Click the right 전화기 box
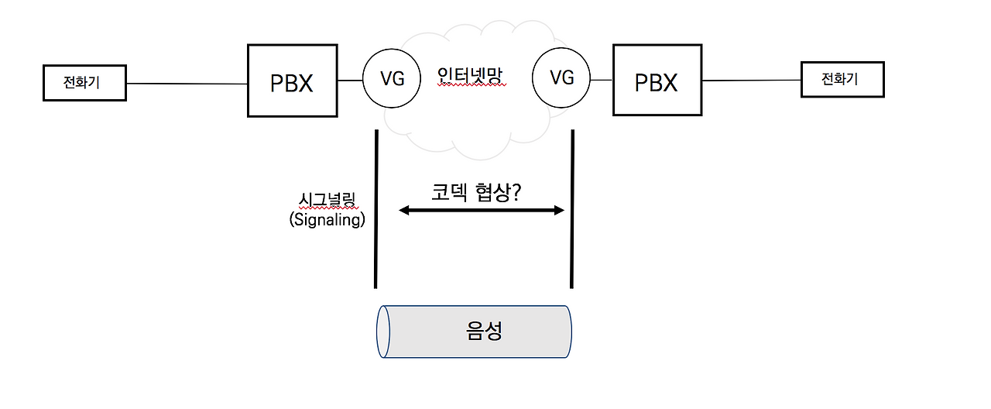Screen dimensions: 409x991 click(x=842, y=79)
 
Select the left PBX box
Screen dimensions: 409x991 click(x=292, y=81)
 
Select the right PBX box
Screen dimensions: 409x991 click(x=657, y=81)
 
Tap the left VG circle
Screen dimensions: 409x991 click(x=393, y=79)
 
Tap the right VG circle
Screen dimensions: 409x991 click(x=561, y=77)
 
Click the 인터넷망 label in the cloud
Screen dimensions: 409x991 click(x=471, y=77)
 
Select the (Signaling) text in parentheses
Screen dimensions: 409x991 click(x=327, y=220)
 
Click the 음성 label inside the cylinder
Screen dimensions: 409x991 click(x=485, y=332)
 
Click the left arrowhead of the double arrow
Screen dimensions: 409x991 click(x=403, y=210)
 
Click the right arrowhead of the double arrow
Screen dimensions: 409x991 click(x=561, y=210)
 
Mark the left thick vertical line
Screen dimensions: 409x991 click(x=376, y=209)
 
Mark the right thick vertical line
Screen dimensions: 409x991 click(x=572, y=209)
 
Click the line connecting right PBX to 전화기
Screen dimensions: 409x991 click(x=751, y=80)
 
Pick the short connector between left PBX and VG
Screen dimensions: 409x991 click(x=350, y=80)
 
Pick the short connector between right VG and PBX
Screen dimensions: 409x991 click(x=601, y=80)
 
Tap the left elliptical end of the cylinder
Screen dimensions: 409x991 click(x=382, y=332)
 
